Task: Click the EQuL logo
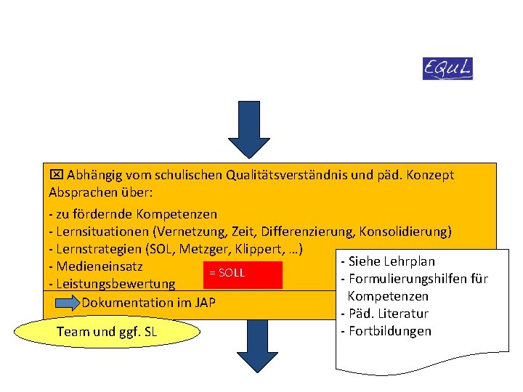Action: tap(447, 68)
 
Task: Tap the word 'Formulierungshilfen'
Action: tap(408, 279)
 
